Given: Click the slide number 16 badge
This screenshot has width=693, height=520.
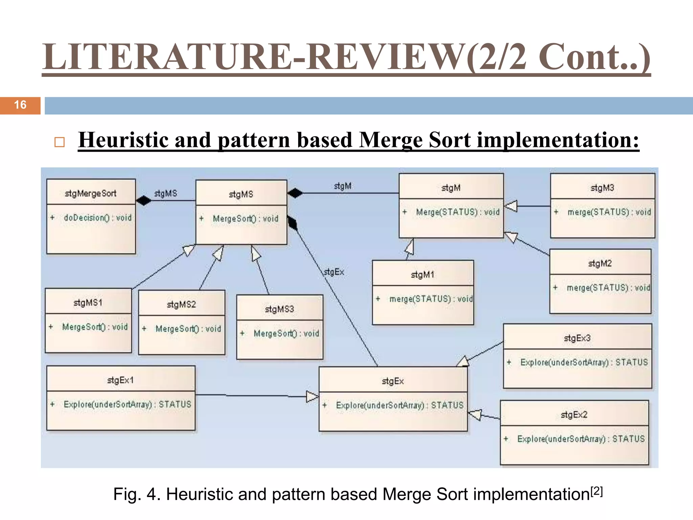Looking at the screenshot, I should pos(20,105).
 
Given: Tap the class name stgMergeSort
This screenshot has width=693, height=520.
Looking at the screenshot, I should pos(90,193).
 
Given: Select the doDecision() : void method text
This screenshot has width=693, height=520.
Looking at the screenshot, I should pos(97,218).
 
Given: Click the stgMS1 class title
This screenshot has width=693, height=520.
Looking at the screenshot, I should pos(88,302).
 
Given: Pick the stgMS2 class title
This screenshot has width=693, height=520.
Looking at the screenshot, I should pos(181,304).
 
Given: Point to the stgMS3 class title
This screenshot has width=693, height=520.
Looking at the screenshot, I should pos(279,309).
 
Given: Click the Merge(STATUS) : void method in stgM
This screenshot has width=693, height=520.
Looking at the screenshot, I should pos(457,212).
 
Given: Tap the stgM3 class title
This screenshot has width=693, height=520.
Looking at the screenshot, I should pos(602,188).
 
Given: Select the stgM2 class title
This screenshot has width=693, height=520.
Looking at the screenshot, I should pos(600,263).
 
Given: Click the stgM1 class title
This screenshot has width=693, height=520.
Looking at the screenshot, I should pos(422,275).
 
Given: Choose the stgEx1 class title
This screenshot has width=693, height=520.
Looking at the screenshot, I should pos(120,380).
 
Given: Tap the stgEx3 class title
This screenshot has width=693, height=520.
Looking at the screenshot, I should pos(577,338).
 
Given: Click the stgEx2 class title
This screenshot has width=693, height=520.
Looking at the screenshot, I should pos(574,414).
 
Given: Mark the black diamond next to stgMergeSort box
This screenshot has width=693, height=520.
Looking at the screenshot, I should pos(144,200).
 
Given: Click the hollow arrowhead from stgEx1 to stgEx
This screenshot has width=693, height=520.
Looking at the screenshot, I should pos(312,396).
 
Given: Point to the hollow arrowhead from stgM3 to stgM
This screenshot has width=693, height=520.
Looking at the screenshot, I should pos(511,206).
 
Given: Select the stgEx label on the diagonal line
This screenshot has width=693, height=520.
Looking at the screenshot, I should pos(334,272).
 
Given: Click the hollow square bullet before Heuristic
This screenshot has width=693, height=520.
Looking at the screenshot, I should pos(60,142).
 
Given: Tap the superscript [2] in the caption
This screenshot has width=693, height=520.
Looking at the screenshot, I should pos(597,491).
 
